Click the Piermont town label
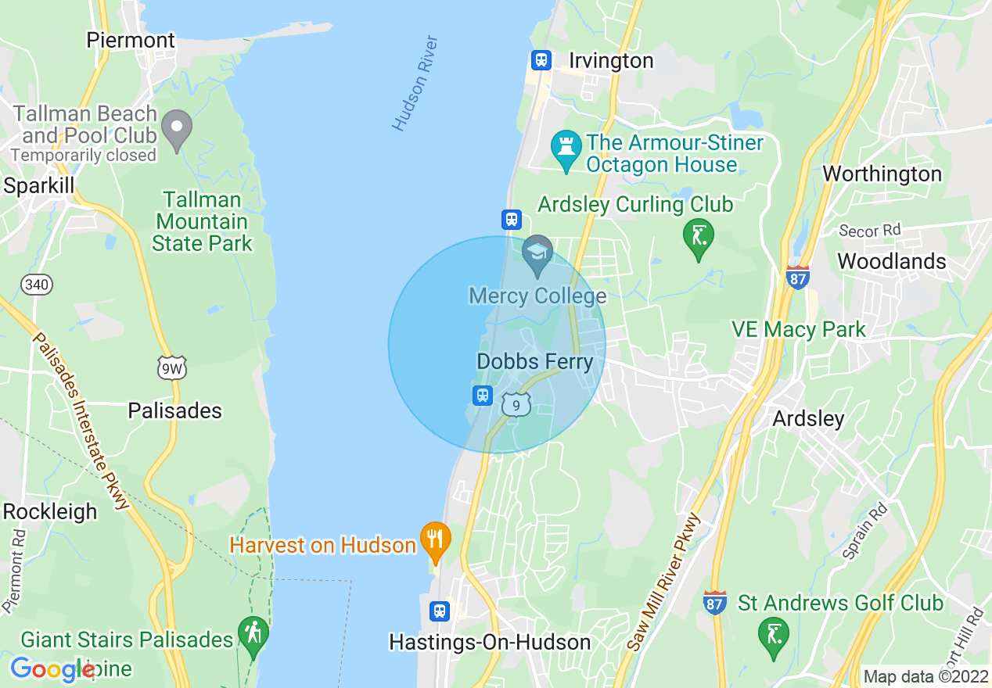coord(131,40)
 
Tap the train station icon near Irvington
coord(541,60)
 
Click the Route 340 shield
coord(37,284)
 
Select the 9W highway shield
coord(171,367)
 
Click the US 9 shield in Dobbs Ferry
coord(516,404)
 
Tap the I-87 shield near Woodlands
coord(797,276)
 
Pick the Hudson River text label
coord(415,83)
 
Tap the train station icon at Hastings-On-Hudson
coord(440,611)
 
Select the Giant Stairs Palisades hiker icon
coord(253,634)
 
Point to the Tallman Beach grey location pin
coord(177,128)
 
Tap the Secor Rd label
coord(869,230)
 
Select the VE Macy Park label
coord(798,329)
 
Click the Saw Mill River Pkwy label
coord(663,583)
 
